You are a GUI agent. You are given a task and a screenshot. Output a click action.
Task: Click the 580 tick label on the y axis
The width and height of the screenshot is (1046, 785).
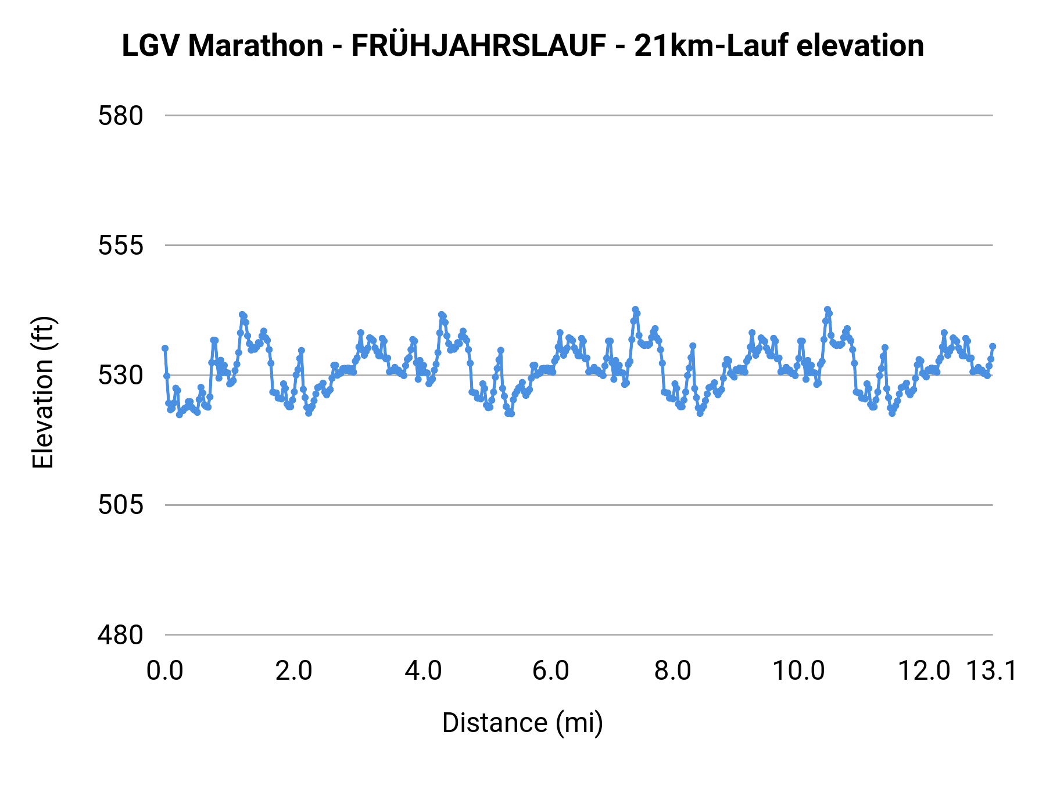[x=120, y=116]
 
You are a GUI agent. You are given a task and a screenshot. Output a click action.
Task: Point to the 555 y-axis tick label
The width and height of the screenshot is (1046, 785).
[x=120, y=246]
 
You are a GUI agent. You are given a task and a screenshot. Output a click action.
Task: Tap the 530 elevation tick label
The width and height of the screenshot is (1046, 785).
[x=120, y=376]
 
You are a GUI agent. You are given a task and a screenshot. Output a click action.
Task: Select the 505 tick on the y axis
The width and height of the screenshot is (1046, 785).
[x=120, y=505]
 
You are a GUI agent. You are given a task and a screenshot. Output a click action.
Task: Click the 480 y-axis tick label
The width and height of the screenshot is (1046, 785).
[x=120, y=635]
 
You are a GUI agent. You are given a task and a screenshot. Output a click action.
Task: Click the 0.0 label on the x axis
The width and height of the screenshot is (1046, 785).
[x=164, y=671]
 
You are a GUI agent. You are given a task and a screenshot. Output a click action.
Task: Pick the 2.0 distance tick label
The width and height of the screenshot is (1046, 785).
[x=293, y=671]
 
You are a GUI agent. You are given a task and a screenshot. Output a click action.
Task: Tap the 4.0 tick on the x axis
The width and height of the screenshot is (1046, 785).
[x=423, y=671]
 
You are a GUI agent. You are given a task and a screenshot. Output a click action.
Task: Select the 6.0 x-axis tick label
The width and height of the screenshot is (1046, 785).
[x=551, y=671]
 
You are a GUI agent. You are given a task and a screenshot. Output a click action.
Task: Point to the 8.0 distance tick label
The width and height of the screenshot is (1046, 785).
[x=672, y=671]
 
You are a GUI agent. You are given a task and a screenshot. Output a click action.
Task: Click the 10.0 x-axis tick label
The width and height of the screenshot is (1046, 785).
[x=798, y=671]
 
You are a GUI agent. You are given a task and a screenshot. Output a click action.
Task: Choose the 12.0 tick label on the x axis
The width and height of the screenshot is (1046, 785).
[x=924, y=671]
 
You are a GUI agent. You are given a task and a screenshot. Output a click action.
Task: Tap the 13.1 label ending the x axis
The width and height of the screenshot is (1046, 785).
[x=991, y=671]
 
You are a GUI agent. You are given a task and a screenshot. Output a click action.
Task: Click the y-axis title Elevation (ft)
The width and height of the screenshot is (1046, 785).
[x=43, y=392]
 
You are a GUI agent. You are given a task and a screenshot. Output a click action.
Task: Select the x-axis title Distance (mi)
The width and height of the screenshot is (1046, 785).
[x=522, y=723]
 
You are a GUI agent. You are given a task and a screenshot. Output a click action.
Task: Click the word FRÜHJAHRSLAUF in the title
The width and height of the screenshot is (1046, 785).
[x=479, y=46]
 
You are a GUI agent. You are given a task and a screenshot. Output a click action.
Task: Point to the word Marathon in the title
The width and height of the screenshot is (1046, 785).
[x=256, y=46]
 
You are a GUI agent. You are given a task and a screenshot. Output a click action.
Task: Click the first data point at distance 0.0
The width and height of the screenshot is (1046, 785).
[x=165, y=348]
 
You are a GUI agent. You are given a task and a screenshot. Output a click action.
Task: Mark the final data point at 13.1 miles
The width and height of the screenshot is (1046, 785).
[x=993, y=347]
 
